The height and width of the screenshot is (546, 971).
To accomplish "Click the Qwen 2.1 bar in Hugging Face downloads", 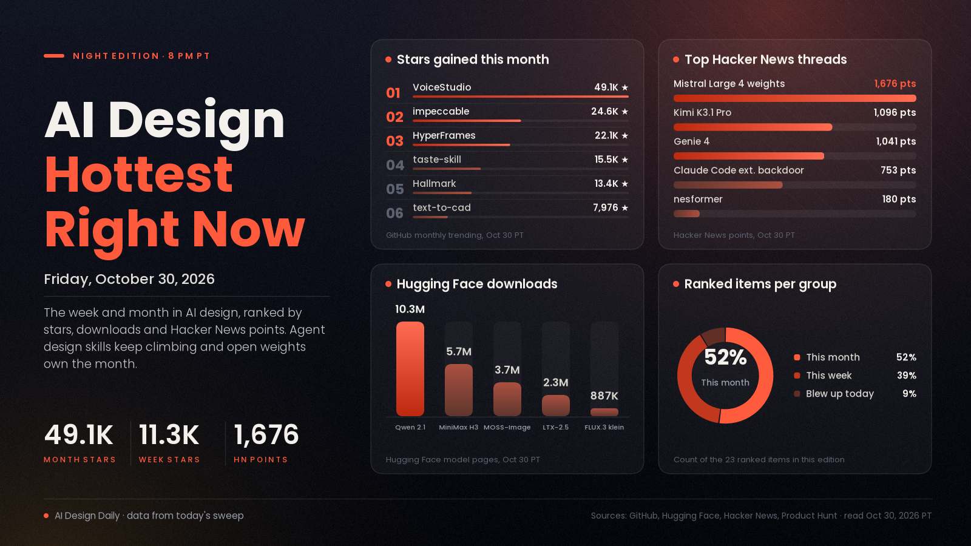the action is pos(410,369).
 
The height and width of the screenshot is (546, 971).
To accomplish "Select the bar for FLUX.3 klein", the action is pos(604,412).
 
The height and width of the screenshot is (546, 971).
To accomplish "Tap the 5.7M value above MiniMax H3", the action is pos(459,351).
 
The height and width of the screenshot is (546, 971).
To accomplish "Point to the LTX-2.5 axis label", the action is pos(556,427).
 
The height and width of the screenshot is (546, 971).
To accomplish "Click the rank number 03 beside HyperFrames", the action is pos(394,141).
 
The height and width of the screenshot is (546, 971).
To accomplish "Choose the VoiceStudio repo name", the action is pos(442,87).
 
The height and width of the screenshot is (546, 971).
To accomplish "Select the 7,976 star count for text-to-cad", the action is pos(606,207).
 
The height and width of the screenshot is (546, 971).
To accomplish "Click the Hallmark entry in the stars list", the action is pos(435,183).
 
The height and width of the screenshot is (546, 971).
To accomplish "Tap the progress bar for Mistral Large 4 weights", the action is pos(795,98).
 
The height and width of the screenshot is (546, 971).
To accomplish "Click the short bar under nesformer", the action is pos(686,214).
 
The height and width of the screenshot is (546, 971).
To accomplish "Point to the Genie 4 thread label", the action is pos(691,141).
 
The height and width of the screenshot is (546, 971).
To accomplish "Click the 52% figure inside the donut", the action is pos(725,357).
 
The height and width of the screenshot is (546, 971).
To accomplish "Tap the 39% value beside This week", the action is pos(907,376).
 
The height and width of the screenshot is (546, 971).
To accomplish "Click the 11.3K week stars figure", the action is pos(169,434).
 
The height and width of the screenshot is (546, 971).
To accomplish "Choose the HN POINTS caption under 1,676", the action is pos(260,460).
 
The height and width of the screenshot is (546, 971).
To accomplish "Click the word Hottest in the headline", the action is pos(139,175).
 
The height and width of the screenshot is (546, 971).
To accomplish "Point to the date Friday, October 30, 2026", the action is pos(129,279).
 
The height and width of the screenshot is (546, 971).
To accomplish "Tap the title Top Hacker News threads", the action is pos(765,59).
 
